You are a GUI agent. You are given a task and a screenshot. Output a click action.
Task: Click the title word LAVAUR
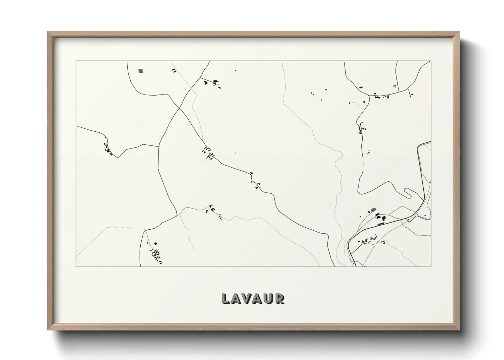[253, 298]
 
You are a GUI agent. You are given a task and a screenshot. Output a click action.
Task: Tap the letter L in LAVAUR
[225, 298]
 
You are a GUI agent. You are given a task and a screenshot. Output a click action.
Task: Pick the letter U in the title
[269, 298]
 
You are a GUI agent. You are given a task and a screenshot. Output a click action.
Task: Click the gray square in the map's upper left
[141, 71]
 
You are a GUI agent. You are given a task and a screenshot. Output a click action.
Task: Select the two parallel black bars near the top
[174, 71]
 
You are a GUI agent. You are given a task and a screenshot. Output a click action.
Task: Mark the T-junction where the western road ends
[159, 146]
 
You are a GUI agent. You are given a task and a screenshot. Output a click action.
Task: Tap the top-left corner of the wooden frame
[48, 32]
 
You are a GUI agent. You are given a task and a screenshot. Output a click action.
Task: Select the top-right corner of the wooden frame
[459, 32]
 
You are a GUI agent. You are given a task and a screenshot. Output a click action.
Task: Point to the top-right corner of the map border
[431, 61]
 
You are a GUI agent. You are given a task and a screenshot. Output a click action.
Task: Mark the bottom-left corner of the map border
[76, 266]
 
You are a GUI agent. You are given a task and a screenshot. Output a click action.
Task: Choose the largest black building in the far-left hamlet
[110, 153]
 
